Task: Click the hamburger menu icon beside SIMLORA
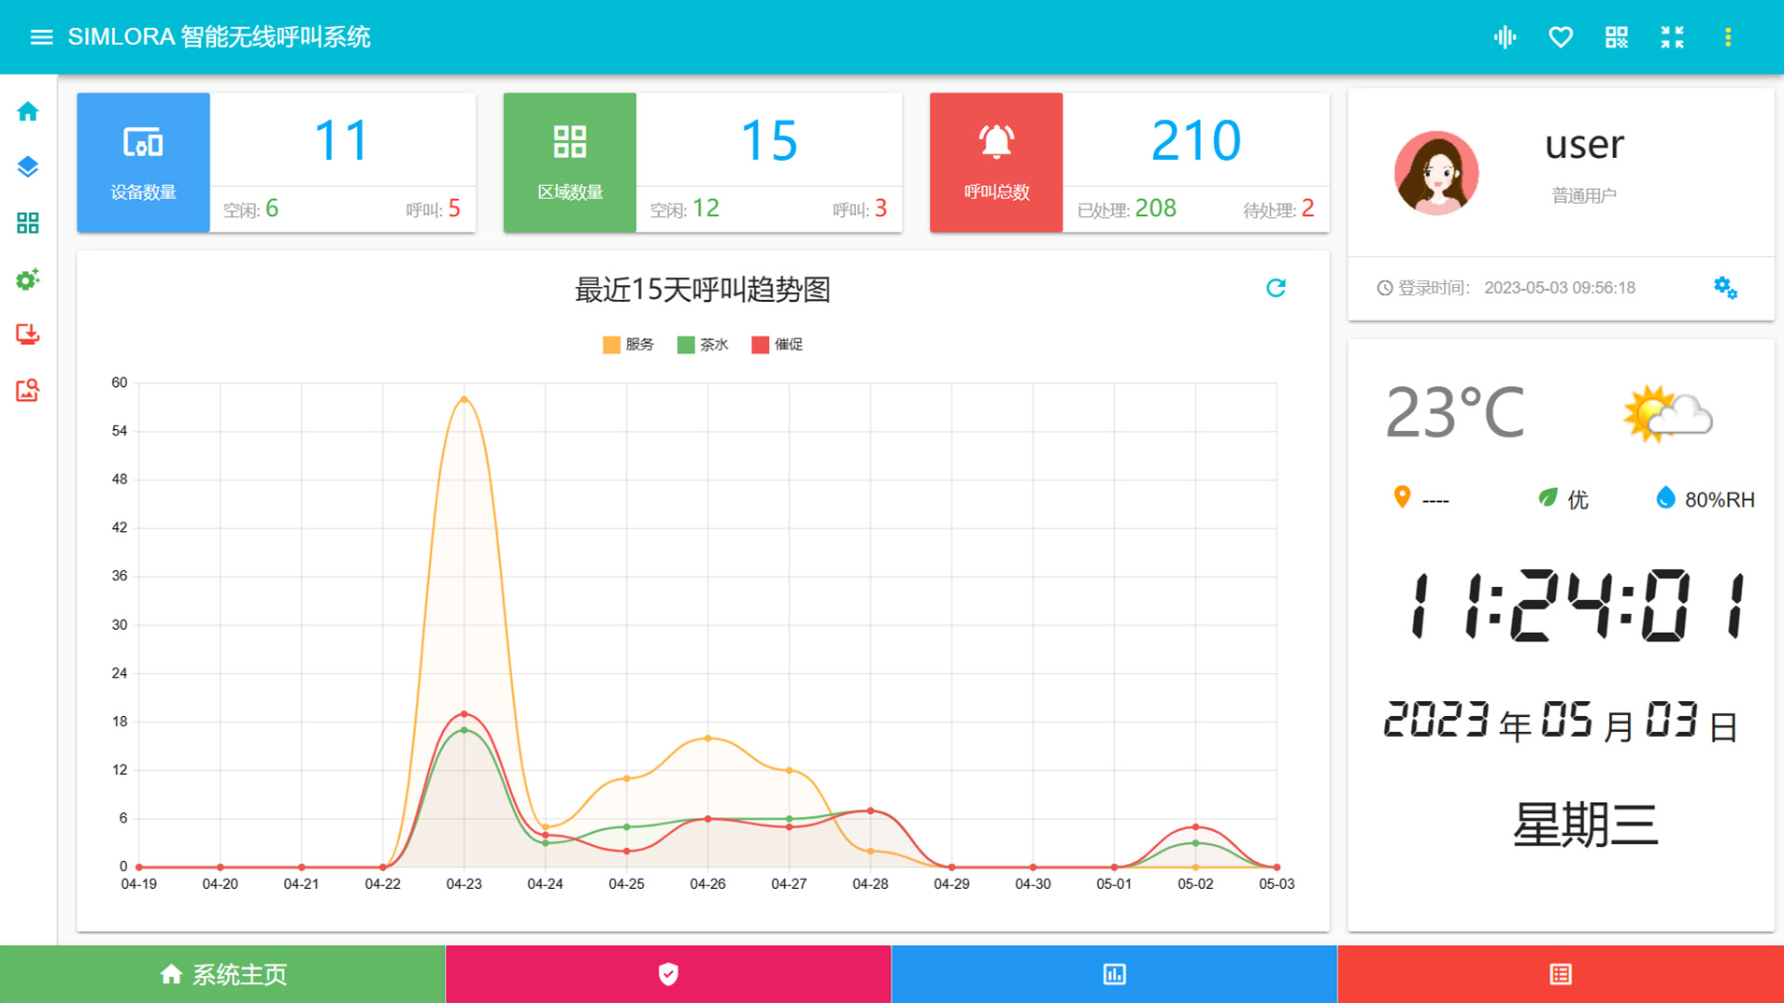[41, 37]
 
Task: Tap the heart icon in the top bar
[1561, 37]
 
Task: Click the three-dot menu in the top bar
[1728, 37]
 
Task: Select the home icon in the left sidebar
[28, 112]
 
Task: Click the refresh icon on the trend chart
[1276, 288]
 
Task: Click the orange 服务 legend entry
[629, 345]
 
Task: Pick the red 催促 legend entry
[778, 345]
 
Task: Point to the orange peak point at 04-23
[464, 400]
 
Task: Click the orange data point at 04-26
[708, 738]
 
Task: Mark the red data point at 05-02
[1195, 827]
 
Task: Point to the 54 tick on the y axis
[120, 431]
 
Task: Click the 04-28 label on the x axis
[870, 884]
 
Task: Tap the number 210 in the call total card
[1195, 141]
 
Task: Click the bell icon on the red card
[996, 142]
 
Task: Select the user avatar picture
[1436, 174]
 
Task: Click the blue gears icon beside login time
[1725, 288]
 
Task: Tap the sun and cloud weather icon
[1668, 414]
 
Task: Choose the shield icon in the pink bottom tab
[668, 974]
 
